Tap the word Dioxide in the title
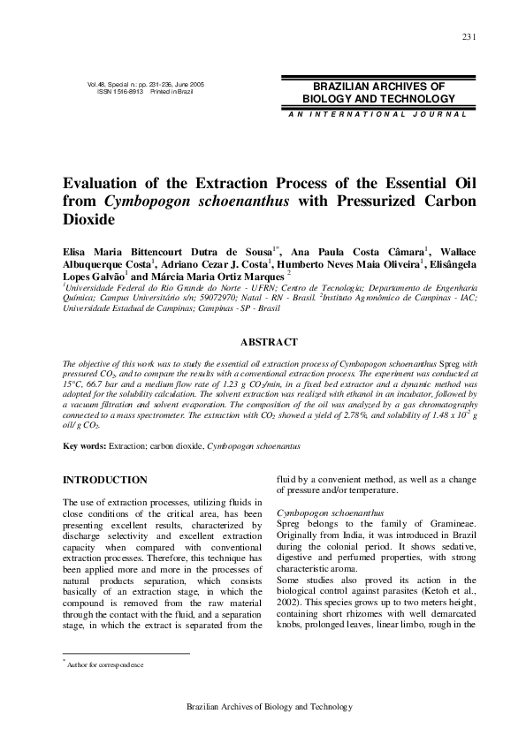[x=88, y=219]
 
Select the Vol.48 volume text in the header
[x=100, y=84]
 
